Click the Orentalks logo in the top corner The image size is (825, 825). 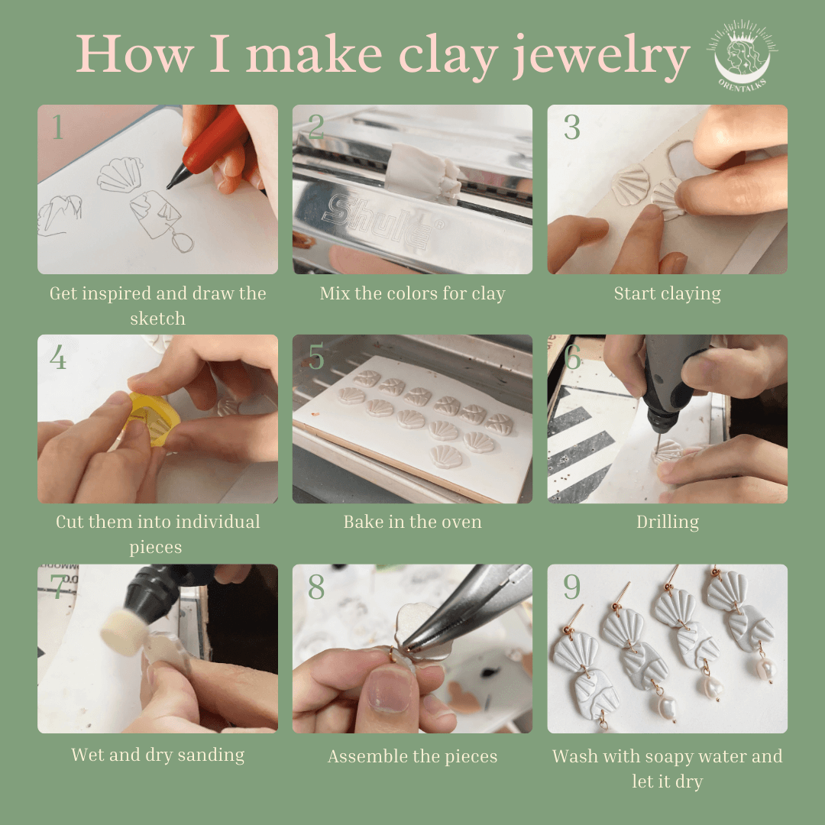[742, 55]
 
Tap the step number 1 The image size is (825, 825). [58, 127]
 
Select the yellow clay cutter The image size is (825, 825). [153, 419]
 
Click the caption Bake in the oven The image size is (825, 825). [412, 522]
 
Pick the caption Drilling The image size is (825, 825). [668, 522]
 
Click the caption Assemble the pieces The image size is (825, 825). [412, 756]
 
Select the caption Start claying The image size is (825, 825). [668, 293]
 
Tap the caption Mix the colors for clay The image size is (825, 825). [412, 293]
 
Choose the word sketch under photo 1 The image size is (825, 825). [158, 319]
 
